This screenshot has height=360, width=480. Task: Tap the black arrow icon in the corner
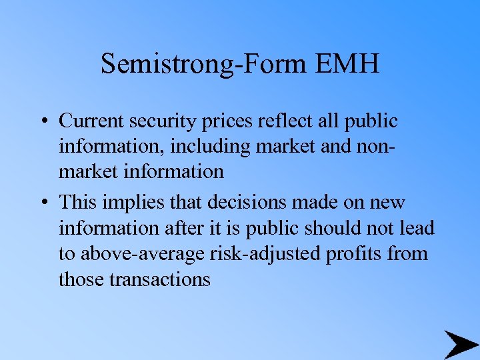461,344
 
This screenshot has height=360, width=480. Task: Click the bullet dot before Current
42,121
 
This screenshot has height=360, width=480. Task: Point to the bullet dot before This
42,202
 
